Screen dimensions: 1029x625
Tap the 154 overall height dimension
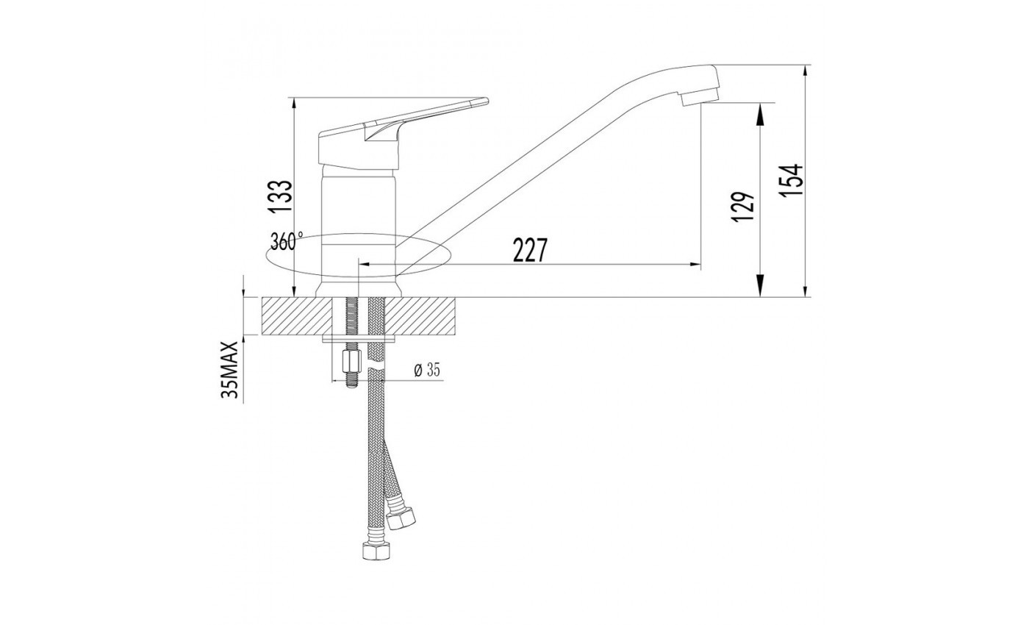791,179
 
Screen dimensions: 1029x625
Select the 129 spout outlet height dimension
743,207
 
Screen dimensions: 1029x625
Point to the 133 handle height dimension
280,196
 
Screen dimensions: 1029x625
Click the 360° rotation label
287,241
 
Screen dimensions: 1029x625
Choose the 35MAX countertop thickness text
229,370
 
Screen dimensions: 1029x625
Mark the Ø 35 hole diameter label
427,369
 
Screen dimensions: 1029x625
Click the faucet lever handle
403,133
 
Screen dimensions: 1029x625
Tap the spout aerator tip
700,97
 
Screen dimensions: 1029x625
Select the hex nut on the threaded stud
352,362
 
